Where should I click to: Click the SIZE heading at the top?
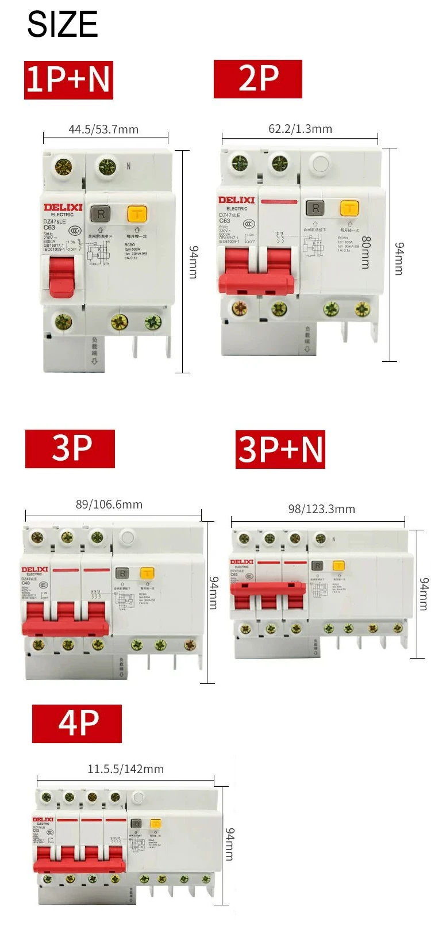click(62, 24)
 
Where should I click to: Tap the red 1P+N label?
click(68, 79)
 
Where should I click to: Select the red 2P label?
click(258, 79)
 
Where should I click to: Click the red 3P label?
click(70, 449)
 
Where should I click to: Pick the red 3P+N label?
click(280, 449)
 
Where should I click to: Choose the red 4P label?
click(77, 724)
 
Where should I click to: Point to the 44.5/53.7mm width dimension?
click(103, 129)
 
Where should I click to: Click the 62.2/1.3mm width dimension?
click(300, 129)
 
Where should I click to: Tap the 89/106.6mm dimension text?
click(109, 504)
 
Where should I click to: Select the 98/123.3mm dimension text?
click(321, 509)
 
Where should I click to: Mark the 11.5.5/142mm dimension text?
click(125, 769)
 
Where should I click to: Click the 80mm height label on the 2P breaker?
click(365, 253)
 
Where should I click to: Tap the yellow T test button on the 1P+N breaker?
click(137, 215)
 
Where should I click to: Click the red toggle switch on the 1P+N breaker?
click(61, 277)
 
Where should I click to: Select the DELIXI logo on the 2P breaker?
click(236, 200)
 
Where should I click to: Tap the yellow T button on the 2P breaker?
click(349, 208)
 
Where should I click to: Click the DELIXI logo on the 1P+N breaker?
click(63, 207)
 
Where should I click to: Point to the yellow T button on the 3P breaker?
click(147, 573)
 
